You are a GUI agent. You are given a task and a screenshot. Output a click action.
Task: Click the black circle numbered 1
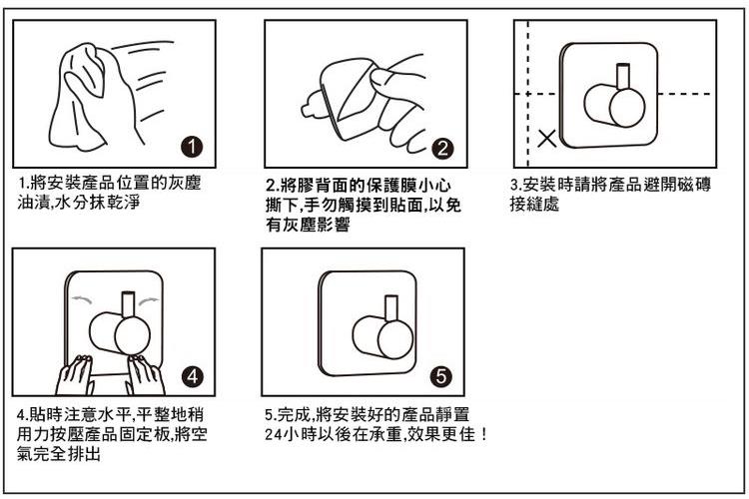pos(192,147)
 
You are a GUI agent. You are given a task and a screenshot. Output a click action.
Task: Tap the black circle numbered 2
pos(442,149)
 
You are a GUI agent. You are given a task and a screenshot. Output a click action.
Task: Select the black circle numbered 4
pos(192,377)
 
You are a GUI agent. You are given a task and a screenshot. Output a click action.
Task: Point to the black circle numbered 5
pos(440,376)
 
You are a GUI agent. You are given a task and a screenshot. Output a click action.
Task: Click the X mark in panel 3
pos(547,139)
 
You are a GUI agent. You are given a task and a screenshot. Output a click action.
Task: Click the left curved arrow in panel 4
pos(82,299)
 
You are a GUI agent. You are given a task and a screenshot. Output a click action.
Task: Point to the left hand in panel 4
pos(74,375)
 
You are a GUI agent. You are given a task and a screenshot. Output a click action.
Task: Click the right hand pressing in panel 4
pos(146,375)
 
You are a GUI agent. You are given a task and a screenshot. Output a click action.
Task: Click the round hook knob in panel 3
pos(627,108)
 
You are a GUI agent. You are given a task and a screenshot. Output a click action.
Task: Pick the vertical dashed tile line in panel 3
pos(528,94)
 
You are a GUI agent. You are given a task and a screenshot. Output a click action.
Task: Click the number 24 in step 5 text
pos(273,434)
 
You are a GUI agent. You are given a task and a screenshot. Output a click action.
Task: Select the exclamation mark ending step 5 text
pos(484,434)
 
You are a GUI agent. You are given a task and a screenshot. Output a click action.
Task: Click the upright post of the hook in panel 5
pos(391,308)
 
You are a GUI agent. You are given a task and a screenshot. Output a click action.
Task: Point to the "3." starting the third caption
pos(515,184)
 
